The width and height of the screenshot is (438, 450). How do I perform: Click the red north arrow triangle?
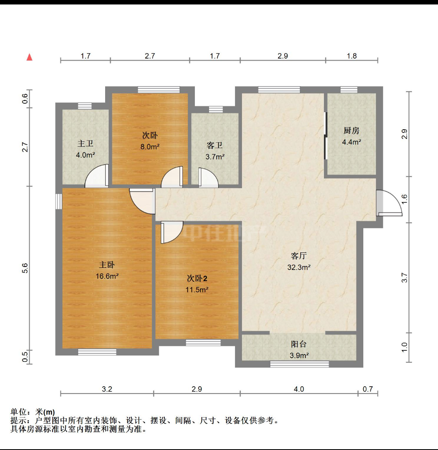click(x=29, y=57)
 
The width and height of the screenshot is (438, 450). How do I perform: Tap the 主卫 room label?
click(x=85, y=143)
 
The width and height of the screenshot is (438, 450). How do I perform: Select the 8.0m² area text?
click(x=150, y=147)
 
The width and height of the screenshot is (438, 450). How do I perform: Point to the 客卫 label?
click(x=214, y=146)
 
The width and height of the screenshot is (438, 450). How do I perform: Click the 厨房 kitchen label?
click(x=351, y=130)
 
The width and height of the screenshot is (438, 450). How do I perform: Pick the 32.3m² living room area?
click(x=299, y=267)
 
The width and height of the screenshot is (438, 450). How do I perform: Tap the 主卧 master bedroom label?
click(x=107, y=265)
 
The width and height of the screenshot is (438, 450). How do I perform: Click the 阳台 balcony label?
click(x=299, y=344)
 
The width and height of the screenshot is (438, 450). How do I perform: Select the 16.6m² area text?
click(x=107, y=276)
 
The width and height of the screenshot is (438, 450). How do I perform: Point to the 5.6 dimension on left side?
click(x=25, y=268)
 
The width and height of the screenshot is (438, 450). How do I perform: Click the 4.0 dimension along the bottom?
click(x=299, y=389)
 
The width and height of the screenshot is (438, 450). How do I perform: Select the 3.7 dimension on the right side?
click(x=404, y=278)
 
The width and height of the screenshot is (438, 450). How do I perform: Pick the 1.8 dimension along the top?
click(x=352, y=56)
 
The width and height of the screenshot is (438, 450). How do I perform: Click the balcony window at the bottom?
click(x=299, y=364)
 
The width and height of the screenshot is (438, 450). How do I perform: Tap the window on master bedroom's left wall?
click(x=59, y=202)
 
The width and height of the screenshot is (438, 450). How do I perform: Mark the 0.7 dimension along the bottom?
click(x=368, y=389)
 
